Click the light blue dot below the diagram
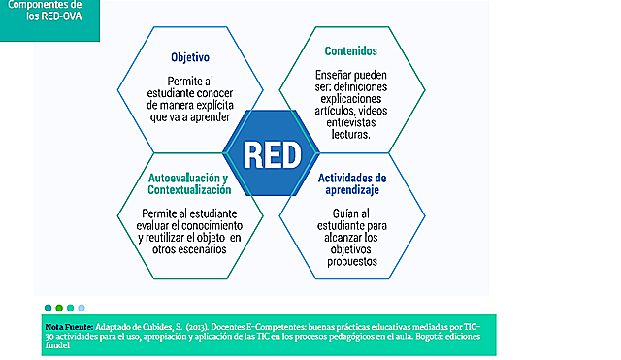click(x=82, y=308)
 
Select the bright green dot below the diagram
click(x=71, y=308)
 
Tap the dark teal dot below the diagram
click(x=49, y=308)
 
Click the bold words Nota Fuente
click(x=69, y=327)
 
